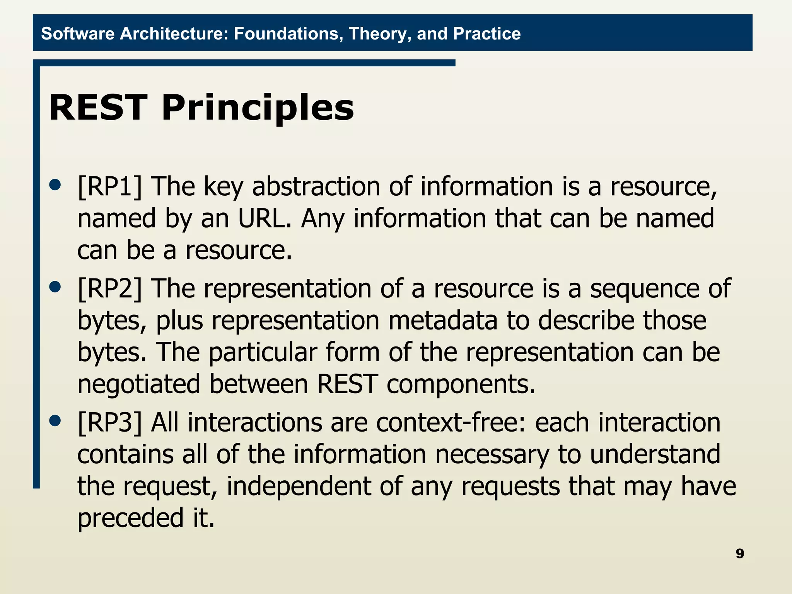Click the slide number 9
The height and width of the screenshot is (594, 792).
coord(739,554)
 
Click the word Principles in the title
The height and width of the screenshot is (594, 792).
coord(257,108)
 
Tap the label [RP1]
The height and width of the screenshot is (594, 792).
coord(110,187)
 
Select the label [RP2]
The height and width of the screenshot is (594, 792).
coord(110,289)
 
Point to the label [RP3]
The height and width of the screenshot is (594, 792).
coord(110,423)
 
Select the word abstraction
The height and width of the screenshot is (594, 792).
coord(316,187)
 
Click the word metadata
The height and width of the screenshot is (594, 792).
coord(443,321)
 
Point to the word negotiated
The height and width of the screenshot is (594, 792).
coord(139,385)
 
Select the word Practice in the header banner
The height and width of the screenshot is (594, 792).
coord(486,34)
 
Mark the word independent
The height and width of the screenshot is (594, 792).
coord(299,486)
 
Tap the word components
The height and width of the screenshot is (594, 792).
coord(461,385)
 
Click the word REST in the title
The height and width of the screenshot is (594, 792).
coord(98,108)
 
